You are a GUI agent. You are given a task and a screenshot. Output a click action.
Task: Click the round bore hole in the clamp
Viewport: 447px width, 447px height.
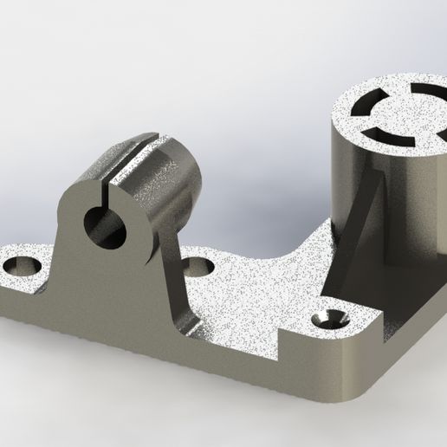[103, 224]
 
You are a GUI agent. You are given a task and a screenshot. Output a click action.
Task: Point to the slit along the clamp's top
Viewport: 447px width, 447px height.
[130, 156]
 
